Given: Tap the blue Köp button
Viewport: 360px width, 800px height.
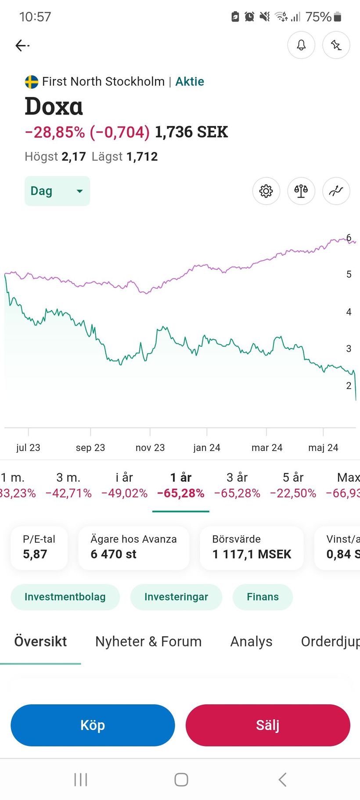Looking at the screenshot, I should (x=93, y=725).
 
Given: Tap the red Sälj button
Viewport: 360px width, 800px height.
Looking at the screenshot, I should (x=267, y=725).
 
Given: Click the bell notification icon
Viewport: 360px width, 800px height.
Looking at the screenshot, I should (x=301, y=45).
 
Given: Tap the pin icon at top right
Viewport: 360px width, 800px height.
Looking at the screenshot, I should (x=336, y=45).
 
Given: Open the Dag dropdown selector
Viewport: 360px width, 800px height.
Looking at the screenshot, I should (x=57, y=191).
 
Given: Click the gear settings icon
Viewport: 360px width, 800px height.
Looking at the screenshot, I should (x=266, y=191).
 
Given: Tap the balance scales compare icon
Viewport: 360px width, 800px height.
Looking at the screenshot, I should (x=301, y=191).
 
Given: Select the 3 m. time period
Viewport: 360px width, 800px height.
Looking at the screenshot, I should (x=68, y=485).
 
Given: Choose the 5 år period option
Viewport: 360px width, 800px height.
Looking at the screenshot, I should (x=293, y=485).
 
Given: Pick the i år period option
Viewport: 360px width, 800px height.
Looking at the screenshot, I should (x=124, y=485).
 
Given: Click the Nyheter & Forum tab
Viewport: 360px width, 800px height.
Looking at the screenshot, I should (x=148, y=641).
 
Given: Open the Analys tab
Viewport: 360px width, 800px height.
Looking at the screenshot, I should (x=251, y=641).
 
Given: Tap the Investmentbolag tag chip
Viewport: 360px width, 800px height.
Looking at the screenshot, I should (x=65, y=597).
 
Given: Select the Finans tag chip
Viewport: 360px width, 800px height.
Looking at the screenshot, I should (x=263, y=597).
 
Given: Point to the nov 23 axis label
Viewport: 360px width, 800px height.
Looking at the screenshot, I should (x=150, y=447).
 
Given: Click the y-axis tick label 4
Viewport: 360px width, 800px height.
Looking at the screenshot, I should (x=349, y=312).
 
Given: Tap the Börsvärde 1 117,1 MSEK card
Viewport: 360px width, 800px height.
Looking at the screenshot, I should (x=252, y=548).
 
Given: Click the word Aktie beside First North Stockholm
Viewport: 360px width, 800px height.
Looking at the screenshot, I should (x=190, y=82).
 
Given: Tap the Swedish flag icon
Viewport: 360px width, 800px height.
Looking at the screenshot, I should (x=32, y=82).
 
